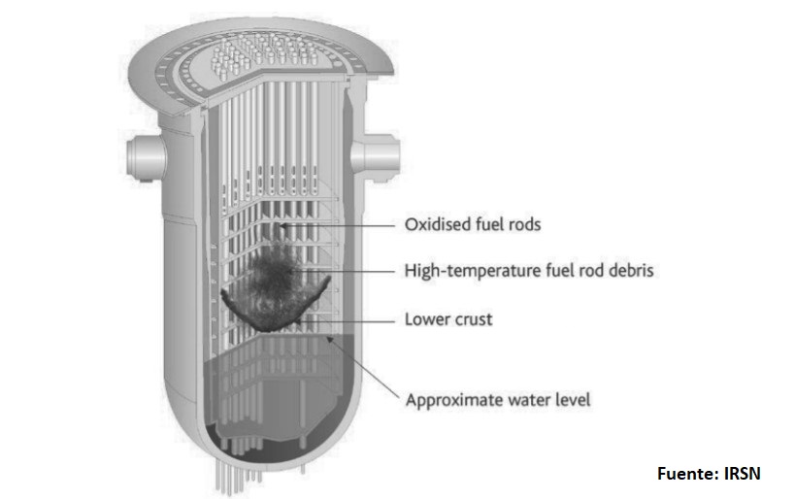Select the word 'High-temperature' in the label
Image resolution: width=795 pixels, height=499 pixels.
469,272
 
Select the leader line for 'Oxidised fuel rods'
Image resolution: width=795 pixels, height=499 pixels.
340,225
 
